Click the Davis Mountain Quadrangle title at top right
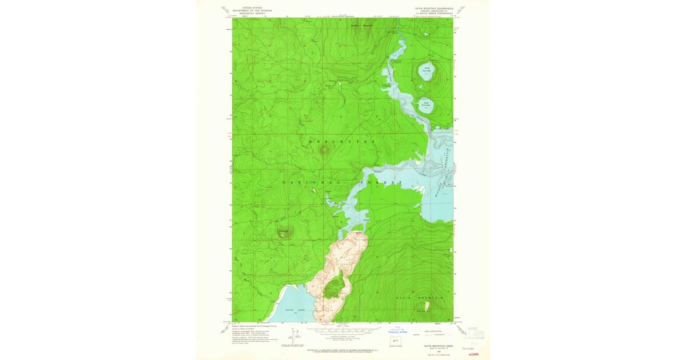pyautogui.click(x=434, y=9)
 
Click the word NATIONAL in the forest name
pyautogui.click(x=301, y=182)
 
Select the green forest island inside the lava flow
pyautogui.click(x=333, y=286)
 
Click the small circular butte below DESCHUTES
pyautogui.click(x=325, y=150)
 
